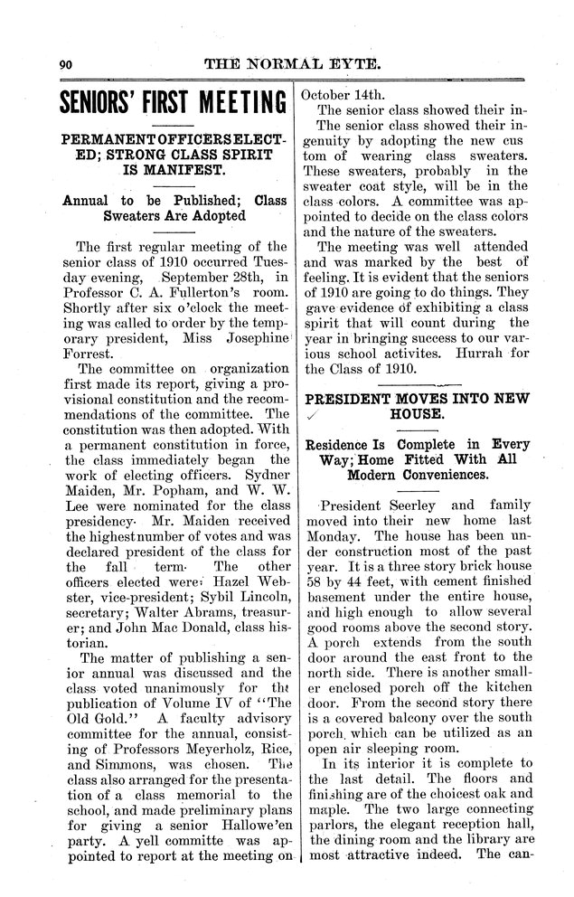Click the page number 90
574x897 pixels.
click(64, 64)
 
